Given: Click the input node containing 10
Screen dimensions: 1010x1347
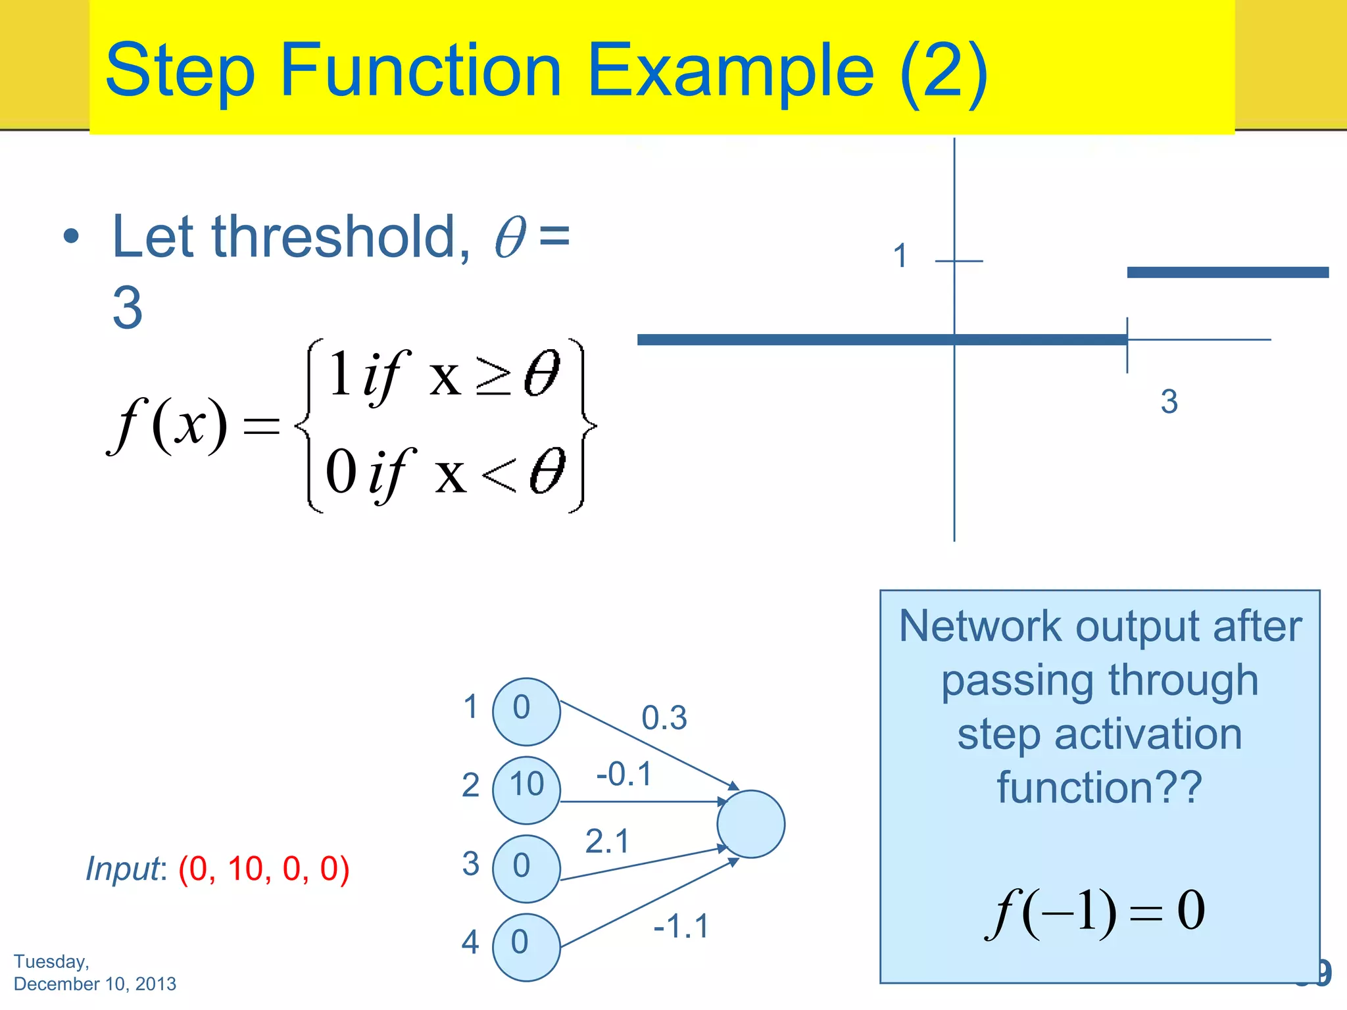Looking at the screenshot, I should tap(526, 790).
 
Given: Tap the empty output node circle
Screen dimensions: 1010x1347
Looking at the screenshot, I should tap(750, 824).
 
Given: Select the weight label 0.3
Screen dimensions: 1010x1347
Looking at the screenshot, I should tap(664, 718).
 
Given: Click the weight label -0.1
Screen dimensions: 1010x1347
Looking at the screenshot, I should tap(624, 774).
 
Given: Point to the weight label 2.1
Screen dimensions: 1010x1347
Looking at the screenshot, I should tap(607, 842).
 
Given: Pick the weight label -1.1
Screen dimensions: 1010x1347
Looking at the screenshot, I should tap(681, 926).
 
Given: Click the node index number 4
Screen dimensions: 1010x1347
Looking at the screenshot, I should tap(470, 942).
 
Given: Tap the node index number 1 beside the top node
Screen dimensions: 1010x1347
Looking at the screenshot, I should tap(470, 707).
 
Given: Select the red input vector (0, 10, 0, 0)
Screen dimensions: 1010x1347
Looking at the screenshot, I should tap(264, 869).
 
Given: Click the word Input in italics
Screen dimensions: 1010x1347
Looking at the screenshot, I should tap(123, 869).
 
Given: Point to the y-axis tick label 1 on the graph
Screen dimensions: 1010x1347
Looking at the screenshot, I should tap(900, 256).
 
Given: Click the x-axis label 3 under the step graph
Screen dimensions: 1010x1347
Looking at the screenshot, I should tap(1169, 402).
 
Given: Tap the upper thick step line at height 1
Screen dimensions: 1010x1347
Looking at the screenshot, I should tap(1227, 272).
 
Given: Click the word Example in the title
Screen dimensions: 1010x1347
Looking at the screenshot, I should tap(730, 71).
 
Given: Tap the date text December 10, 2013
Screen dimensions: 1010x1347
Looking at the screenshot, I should tap(95, 984).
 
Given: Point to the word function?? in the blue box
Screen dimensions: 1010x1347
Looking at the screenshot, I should tap(1099, 787).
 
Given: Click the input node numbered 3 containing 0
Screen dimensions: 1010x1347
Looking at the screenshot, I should tap(526, 868).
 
